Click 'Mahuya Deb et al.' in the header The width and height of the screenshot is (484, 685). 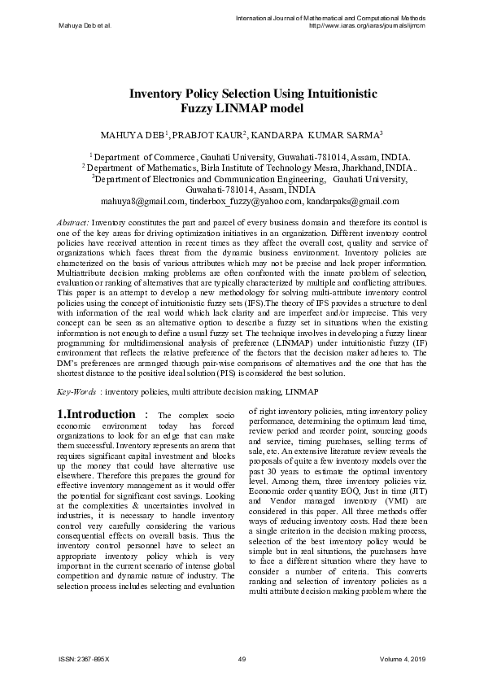(x=85, y=25)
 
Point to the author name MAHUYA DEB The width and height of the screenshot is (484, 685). (x=131, y=133)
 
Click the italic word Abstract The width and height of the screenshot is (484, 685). (x=72, y=221)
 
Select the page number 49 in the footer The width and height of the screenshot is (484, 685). (x=242, y=659)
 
